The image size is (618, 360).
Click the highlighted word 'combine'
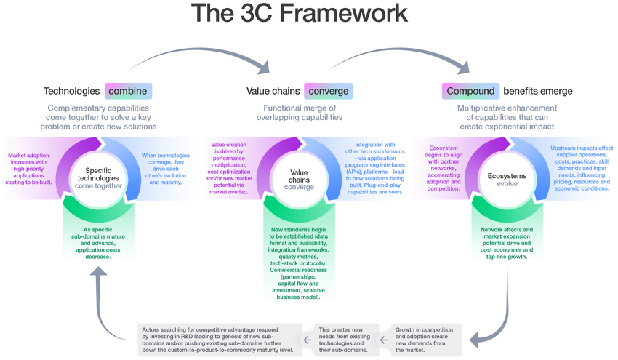click(x=128, y=92)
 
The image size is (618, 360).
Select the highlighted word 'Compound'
click(x=470, y=92)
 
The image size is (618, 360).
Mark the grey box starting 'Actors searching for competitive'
click(x=220, y=338)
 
